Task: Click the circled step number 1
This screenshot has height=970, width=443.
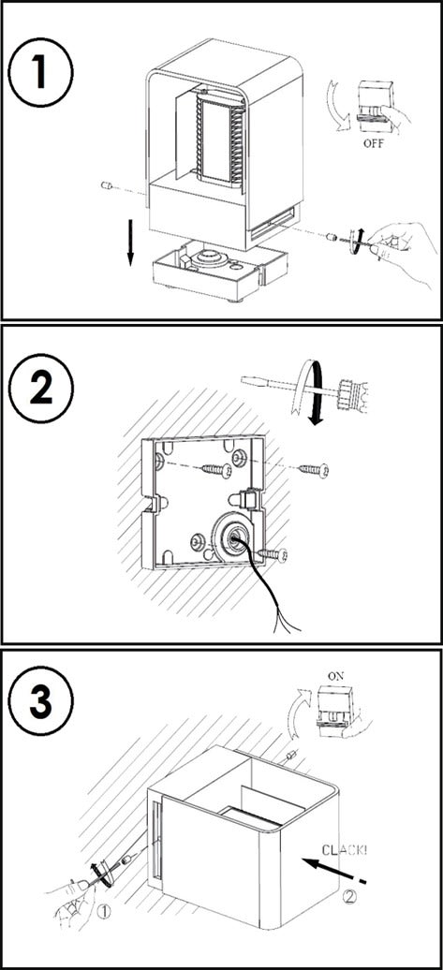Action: coord(41,72)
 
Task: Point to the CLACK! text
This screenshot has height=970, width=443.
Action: coord(343,850)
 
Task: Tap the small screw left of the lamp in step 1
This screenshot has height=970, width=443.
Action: coord(107,184)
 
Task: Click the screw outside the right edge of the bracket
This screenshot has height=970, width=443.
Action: coord(314,470)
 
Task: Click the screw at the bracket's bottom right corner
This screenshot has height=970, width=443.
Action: coord(274,553)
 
